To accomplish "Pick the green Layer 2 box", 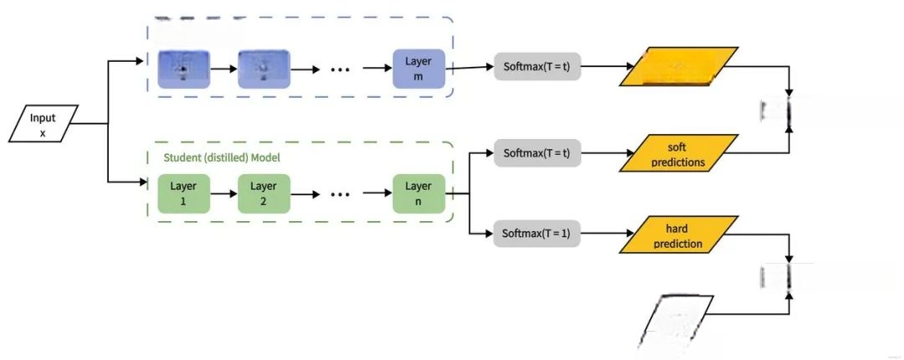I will (x=265, y=193).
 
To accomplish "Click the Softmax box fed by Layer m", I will (x=537, y=66).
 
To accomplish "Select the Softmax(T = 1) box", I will (x=537, y=234).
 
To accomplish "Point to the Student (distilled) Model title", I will (x=221, y=157).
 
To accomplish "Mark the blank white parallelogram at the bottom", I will (x=676, y=320).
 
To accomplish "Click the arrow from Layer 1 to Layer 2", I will (x=222, y=193).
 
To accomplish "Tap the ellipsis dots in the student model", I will (x=340, y=194).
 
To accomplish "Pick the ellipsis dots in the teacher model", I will (x=340, y=69).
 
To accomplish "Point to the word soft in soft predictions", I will (x=677, y=147).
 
